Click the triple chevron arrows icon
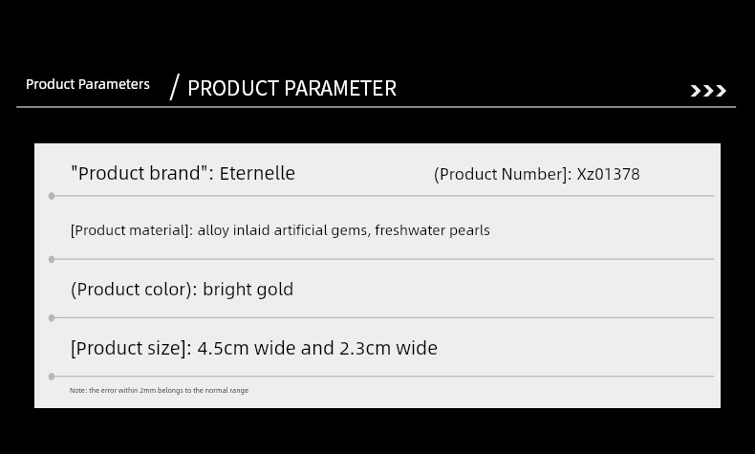(x=708, y=91)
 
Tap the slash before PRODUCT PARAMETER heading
(x=175, y=87)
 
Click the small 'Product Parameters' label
(x=88, y=84)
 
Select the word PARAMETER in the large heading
(x=340, y=88)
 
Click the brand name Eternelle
(x=257, y=173)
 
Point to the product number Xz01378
(x=608, y=174)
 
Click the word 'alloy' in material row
(x=213, y=230)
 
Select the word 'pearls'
(x=469, y=230)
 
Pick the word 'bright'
(x=226, y=290)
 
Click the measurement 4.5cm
(x=223, y=348)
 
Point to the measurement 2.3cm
(x=365, y=348)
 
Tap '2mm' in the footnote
(x=148, y=391)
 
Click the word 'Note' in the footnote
(x=77, y=391)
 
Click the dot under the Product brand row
(x=52, y=196)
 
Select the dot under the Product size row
(x=52, y=377)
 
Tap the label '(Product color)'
(x=134, y=290)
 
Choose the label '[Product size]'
(x=131, y=348)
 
